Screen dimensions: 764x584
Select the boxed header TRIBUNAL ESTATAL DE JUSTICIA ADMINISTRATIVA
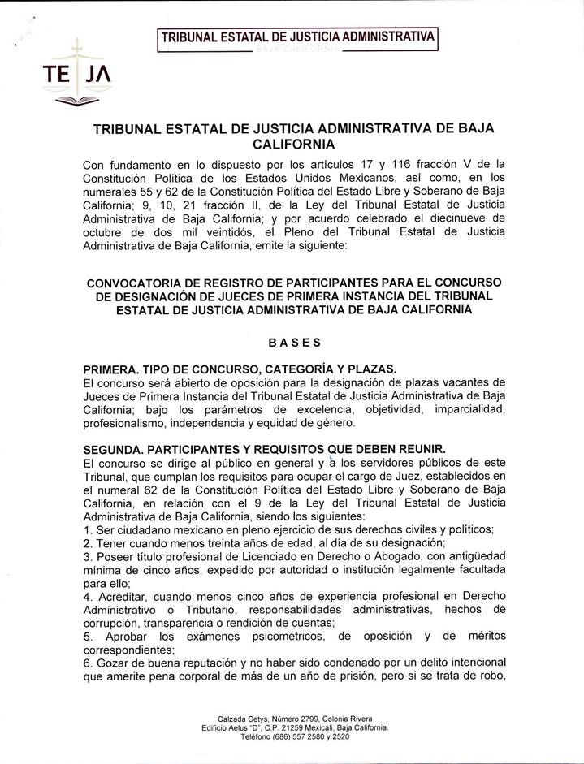point(297,37)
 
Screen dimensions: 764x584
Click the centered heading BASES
point(293,343)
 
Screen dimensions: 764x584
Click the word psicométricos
point(282,635)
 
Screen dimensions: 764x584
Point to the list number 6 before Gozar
point(87,662)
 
